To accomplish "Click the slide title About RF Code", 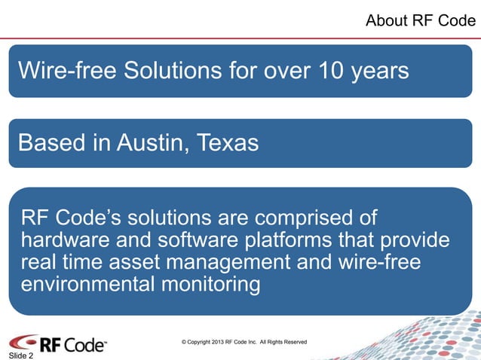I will [420, 21].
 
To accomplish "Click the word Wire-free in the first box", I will [67, 72].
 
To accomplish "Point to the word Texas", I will [228, 142].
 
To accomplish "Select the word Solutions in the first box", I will [170, 72].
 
